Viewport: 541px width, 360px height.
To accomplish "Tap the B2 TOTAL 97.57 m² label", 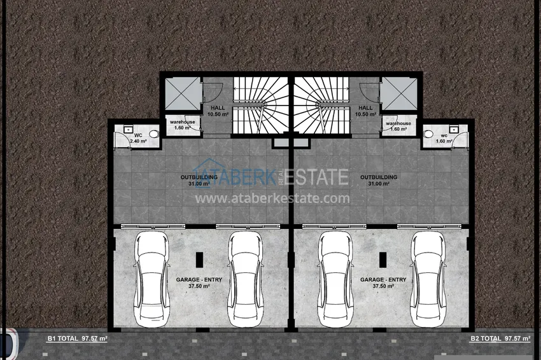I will coord(500,338).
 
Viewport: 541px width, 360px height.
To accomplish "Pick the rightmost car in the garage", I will coord(428,279).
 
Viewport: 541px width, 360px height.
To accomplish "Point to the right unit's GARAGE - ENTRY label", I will coord(383,283).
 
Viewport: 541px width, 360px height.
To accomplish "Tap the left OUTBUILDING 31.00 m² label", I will coord(200,181).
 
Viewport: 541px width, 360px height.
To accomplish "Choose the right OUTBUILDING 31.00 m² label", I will coord(379,181).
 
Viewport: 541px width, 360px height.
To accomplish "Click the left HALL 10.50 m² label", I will coord(218,111).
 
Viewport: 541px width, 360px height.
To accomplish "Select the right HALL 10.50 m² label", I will coord(365,111).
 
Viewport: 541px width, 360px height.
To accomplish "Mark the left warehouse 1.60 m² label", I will coord(181,126).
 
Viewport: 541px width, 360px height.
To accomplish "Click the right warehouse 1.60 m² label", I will coord(398,126).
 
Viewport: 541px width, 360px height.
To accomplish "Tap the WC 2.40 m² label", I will coord(137,137).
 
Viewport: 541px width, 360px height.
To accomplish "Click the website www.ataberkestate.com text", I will coord(272,198).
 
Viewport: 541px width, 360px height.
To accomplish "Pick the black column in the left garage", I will coord(198,260).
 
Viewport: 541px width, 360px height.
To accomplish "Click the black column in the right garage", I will coord(382,260).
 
